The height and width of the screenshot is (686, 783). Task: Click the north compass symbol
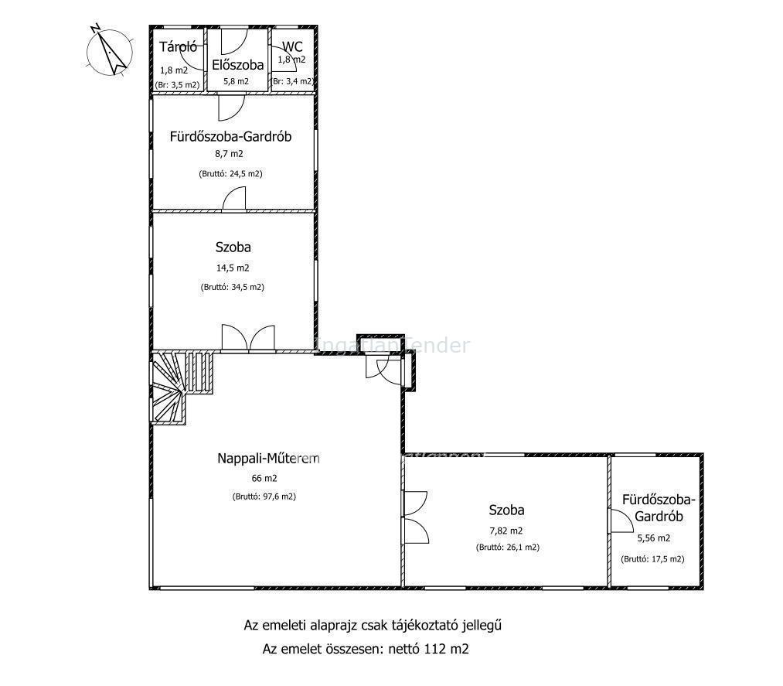[110, 49]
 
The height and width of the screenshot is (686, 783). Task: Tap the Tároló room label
[179, 47]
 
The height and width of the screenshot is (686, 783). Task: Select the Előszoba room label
[238, 65]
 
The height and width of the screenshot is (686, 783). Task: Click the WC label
[292, 46]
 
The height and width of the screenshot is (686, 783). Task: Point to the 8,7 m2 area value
[230, 154]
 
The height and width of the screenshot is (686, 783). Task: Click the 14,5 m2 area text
[233, 268]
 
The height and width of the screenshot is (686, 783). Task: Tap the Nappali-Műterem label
[268, 458]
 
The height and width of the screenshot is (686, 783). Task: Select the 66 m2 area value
[264, 478]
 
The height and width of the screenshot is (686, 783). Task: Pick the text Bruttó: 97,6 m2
[264, 497]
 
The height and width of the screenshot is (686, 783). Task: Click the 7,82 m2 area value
[506, 531]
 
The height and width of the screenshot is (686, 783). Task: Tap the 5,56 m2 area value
[654, 538]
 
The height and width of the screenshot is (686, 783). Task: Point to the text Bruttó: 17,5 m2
[652, 559]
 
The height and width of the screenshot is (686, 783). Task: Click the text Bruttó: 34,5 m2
[233, 287]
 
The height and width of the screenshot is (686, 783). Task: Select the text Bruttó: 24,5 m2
[230, 174]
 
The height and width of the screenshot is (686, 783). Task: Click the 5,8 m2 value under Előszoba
[237, 81]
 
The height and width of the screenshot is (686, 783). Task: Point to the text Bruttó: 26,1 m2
[508, 547]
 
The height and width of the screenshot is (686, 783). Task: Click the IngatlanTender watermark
[391, 345]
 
